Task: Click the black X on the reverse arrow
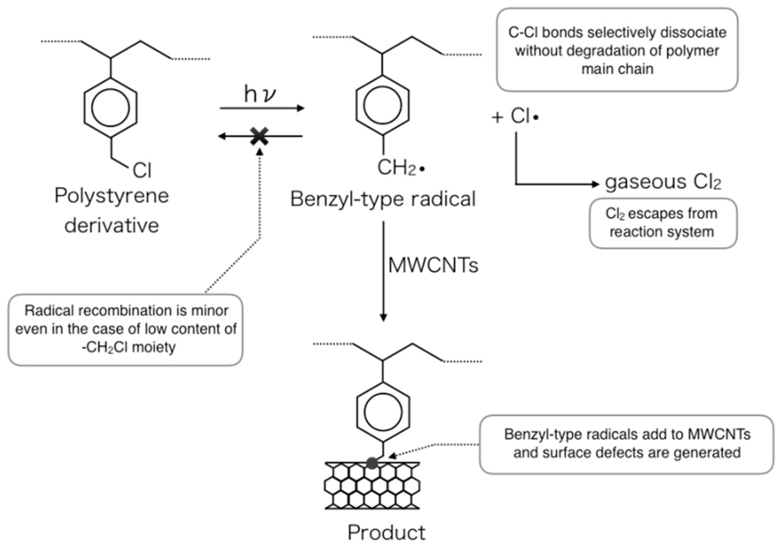259,136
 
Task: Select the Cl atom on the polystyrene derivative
142,170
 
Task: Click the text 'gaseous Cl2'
663,182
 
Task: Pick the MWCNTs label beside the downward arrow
433,265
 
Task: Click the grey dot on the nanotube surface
372,463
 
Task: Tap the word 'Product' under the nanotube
386,532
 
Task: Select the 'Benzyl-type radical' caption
383,199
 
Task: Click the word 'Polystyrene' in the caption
111,196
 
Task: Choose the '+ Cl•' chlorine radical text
515,116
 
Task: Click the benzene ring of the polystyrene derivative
110,108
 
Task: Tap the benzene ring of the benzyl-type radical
383,105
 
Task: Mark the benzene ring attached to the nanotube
383,412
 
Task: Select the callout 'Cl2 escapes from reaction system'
663,223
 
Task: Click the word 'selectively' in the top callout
622,33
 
